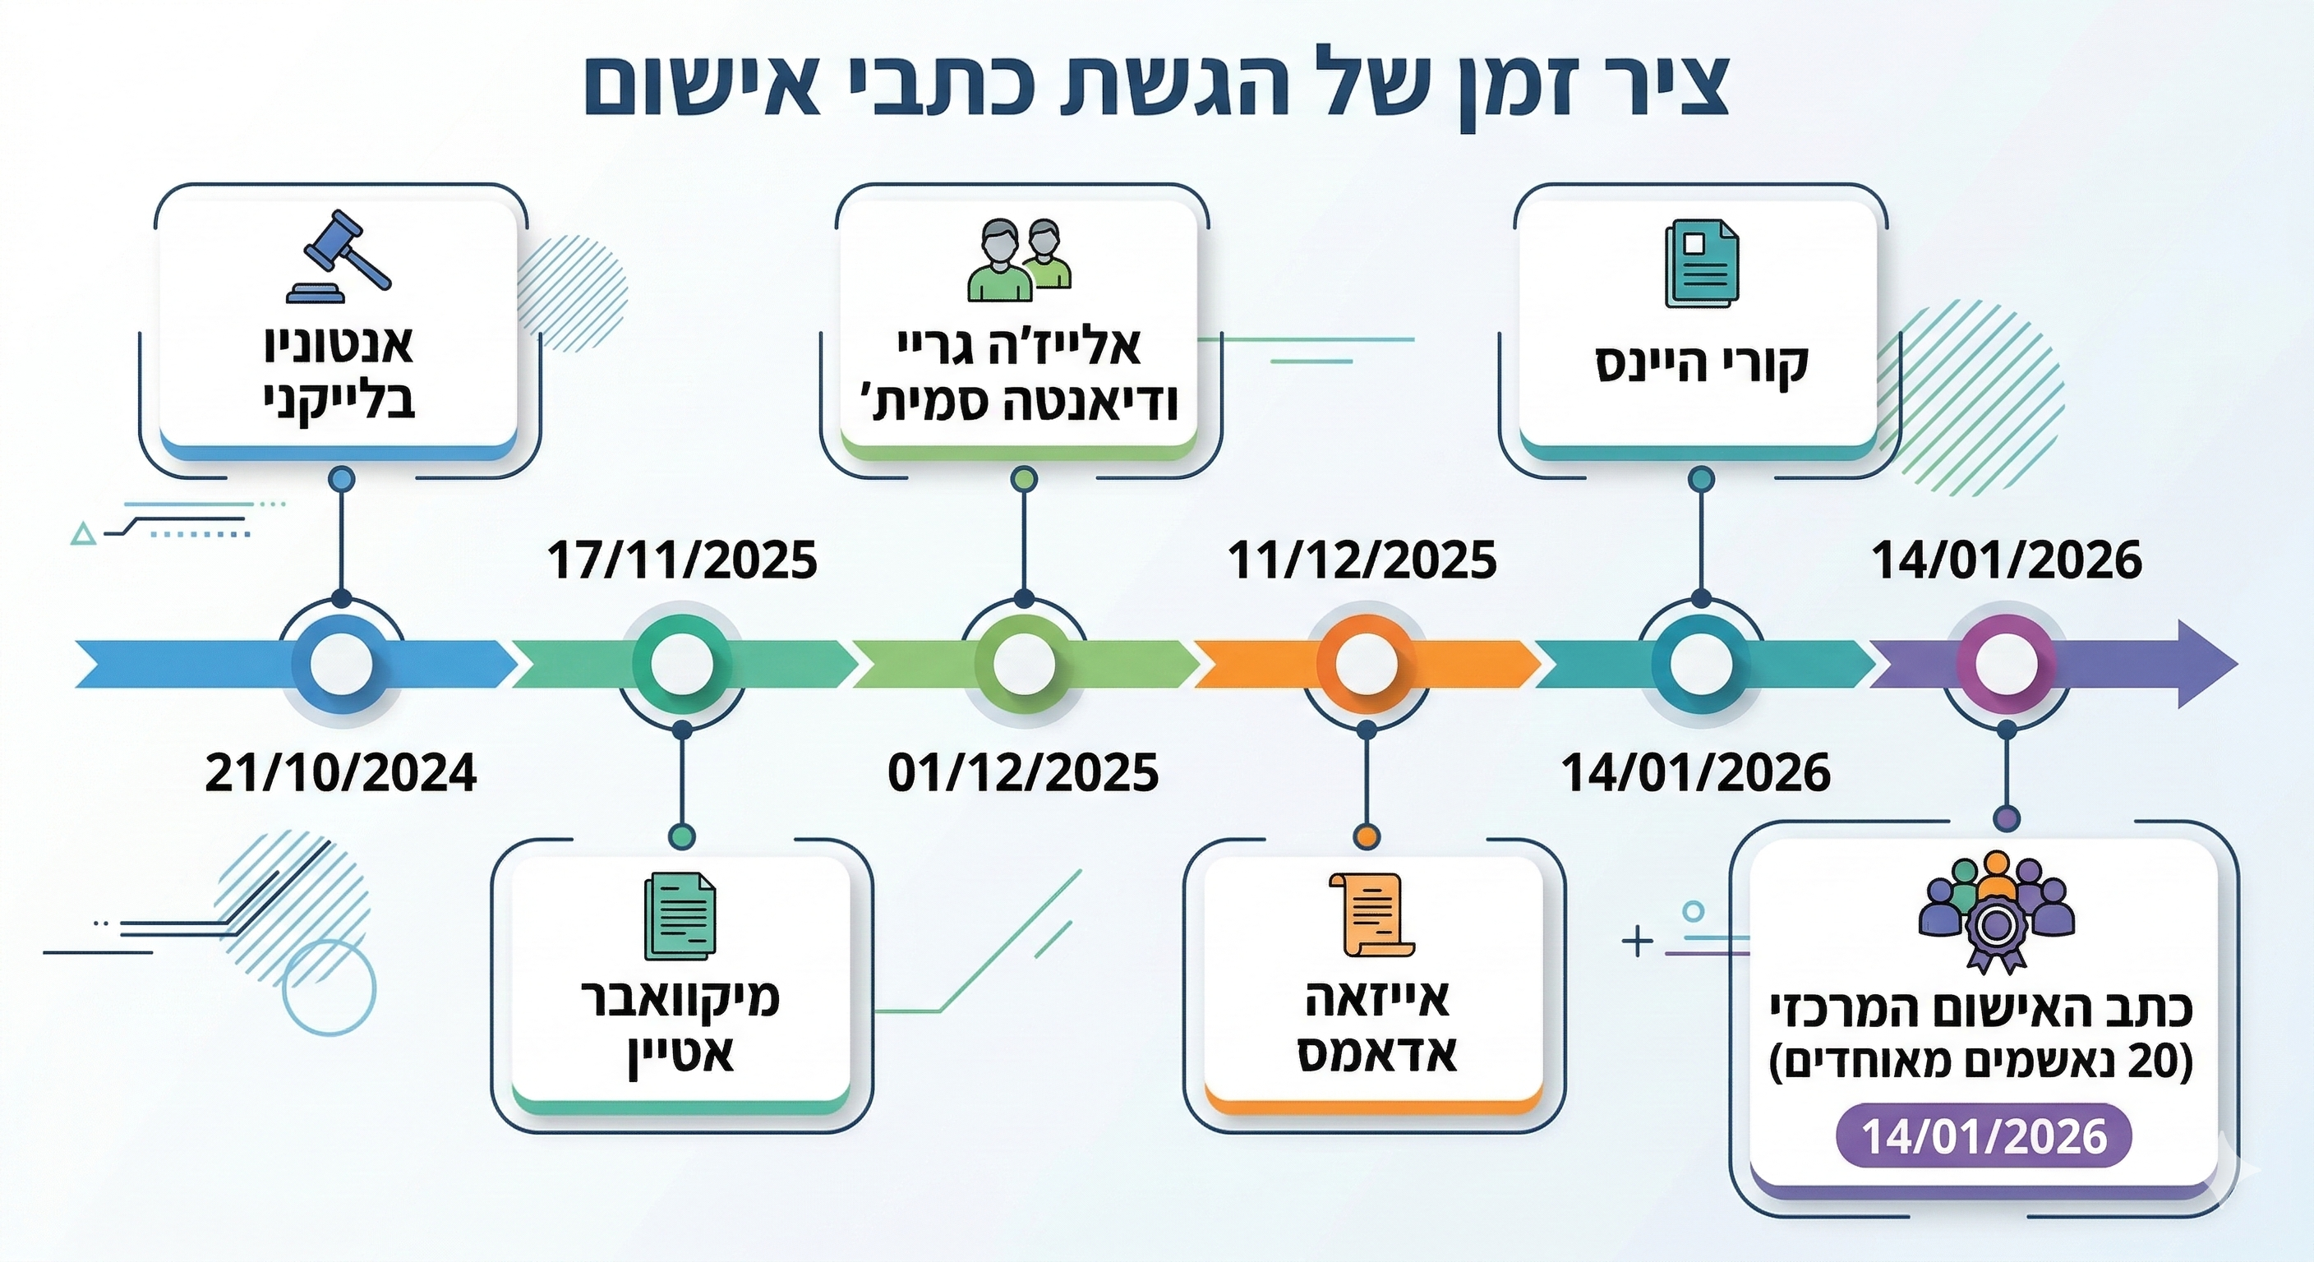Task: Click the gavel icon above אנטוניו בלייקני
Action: coord(339,256)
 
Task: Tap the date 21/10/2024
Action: coord(340,773)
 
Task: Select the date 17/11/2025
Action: coord(682,560)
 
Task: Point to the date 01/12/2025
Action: coord(1023,773)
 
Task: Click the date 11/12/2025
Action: coord(1362,560)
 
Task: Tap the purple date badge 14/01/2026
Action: coord(1984,1136)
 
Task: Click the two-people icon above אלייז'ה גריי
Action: coord(1020,260)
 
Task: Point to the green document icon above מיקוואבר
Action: coord(680,917)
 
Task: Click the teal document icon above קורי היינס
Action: coord(1701,264)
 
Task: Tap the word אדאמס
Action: coord(1376,1052)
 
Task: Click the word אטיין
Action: coord(680,1052)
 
